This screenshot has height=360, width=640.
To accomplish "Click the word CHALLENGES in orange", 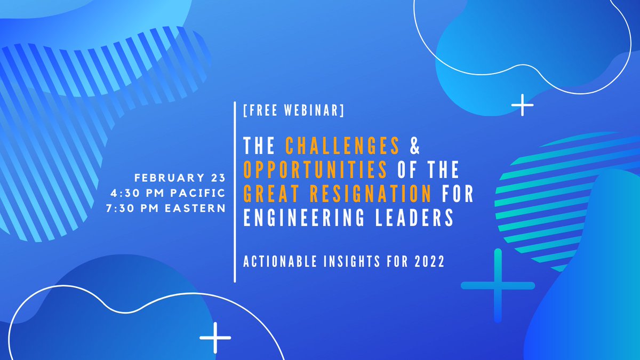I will pyautogui.click(x=342, y=145).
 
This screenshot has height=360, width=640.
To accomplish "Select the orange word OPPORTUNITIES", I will pyautogui.click(x=315, y=170).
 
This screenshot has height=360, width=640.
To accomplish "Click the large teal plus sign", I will pyautogui.click(x=498, y=286).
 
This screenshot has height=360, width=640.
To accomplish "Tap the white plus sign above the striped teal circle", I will pyautogui.click(x=522, y=106).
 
